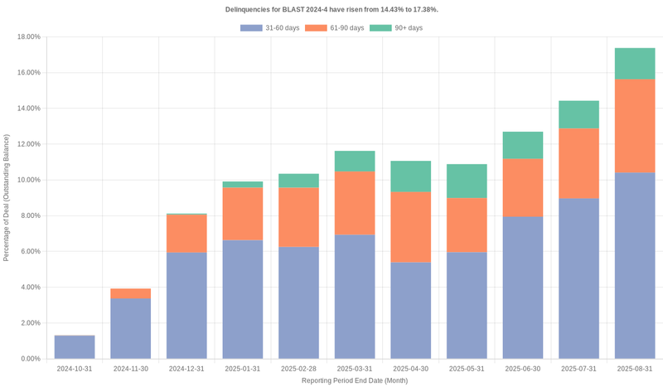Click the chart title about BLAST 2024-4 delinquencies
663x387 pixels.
click(x=331, y=9)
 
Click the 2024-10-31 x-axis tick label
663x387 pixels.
click(x=75, y=369)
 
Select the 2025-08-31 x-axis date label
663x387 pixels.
click(x=635, y=369)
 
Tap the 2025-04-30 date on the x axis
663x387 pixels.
click(x=411, y=369)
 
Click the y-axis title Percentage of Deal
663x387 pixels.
click(x=7, y=197)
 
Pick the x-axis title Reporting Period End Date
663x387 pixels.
click(x=355, y=380)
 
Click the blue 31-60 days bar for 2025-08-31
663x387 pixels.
click(x=635, y=265)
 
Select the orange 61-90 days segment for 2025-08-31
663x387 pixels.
click(x=635, y=126)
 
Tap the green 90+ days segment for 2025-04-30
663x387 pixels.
click(x=411, y=177)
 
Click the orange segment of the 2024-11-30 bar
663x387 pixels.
click(x=131, y=293)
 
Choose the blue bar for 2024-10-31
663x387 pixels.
click(x=75, y=347)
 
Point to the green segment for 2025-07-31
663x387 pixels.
click(x=579, y=114)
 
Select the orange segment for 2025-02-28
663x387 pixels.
click(x=299, y=217)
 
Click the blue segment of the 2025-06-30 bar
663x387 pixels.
click(x=523, y=288)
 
